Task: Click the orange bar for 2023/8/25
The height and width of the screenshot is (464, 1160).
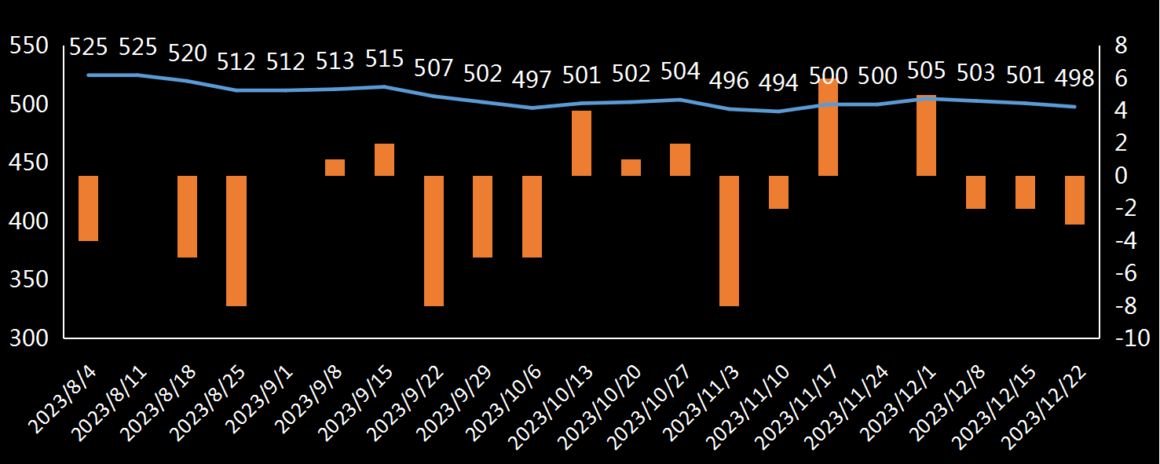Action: point(236,241)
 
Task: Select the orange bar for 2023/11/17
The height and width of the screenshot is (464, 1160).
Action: point(828,127)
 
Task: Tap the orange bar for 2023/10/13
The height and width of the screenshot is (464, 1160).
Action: point(581,144)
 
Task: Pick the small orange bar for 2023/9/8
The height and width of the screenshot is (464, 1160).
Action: point(335,168)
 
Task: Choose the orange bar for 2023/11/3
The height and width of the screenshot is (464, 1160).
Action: point(729,241)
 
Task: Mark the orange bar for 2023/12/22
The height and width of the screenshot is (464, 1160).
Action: point(1074,200)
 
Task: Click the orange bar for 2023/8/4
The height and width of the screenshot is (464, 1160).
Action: point(88,208)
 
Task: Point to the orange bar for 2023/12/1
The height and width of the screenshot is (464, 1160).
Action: point(927,136)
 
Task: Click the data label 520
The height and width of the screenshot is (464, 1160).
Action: point(188,53)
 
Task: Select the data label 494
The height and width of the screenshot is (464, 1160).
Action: point(778,83)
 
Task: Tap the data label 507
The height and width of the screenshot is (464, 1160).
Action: point(434,68)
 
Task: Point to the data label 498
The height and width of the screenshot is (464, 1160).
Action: point(1074,79)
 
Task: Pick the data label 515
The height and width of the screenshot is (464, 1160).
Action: point(384,59)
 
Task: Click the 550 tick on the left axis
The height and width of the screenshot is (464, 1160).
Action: point(29,46)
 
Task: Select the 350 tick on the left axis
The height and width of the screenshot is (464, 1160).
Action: point(29,279)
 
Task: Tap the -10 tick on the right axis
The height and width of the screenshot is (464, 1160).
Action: point(1133,338)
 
